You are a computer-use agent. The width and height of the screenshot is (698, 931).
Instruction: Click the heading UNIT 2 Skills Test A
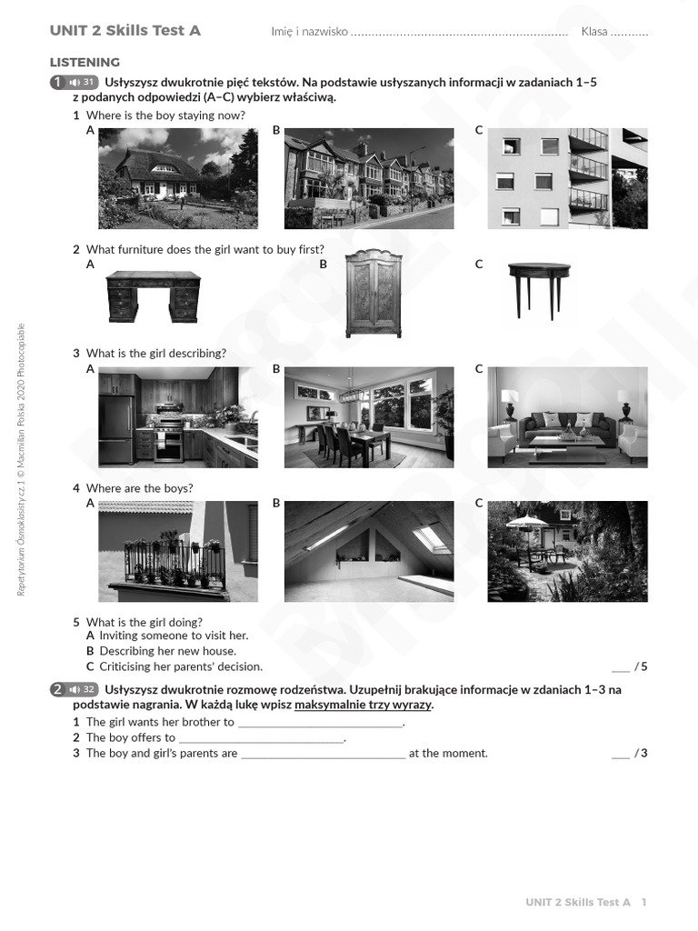point(125,31)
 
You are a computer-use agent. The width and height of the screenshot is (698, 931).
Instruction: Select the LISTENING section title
point(85,63)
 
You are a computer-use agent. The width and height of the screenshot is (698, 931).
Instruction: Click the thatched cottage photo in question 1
point(177,178)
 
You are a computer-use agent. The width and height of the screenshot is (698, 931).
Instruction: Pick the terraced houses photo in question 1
point(368,178)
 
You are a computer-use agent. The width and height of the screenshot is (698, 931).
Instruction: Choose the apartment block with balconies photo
point(567,178)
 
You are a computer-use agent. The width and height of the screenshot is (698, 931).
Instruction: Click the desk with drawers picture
point(153,296)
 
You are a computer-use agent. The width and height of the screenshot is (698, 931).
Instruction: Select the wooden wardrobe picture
point(373,293)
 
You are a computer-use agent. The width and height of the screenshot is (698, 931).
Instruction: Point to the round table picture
point(539,289)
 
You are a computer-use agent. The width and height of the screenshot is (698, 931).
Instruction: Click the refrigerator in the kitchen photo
point(115,430)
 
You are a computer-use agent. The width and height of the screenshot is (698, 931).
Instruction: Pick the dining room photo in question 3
point(368,417)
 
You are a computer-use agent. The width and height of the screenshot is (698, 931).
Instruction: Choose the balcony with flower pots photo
point(177,551)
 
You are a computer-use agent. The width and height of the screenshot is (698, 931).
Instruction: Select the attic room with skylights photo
point(368,551)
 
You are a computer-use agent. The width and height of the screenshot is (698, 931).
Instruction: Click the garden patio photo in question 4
point(567,551)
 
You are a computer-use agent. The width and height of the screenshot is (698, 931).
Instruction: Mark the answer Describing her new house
point(167,652)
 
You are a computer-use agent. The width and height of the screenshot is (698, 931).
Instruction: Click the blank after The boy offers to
point(261,738)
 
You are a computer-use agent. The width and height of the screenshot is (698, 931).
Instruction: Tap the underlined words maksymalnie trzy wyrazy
point(363,706)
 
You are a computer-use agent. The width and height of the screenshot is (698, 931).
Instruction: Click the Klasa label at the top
point(594,32)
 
